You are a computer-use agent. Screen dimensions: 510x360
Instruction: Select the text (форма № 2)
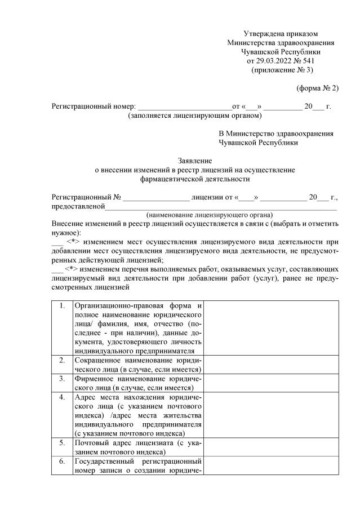point(317,88)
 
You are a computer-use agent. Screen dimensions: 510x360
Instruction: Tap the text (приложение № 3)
point(281,70)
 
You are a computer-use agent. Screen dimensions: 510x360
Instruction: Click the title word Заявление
point(194,161)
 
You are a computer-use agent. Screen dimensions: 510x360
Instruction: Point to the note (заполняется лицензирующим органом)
point(195,116)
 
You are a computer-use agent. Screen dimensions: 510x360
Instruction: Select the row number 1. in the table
point(62,306)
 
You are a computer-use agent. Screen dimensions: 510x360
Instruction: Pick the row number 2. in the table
point(62,360)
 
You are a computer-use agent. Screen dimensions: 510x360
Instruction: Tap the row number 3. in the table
point(62,379)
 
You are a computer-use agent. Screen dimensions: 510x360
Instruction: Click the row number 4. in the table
point(62,397)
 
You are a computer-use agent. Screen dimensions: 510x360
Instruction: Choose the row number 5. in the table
point(62,443)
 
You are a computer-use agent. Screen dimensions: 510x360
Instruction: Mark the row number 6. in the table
point(62,462)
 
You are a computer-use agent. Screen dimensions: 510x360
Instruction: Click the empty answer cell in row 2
point(271,365)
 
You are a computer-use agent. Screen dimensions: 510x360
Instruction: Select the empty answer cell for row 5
point(271,447)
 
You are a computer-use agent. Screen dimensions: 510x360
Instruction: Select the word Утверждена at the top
point(263,34)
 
